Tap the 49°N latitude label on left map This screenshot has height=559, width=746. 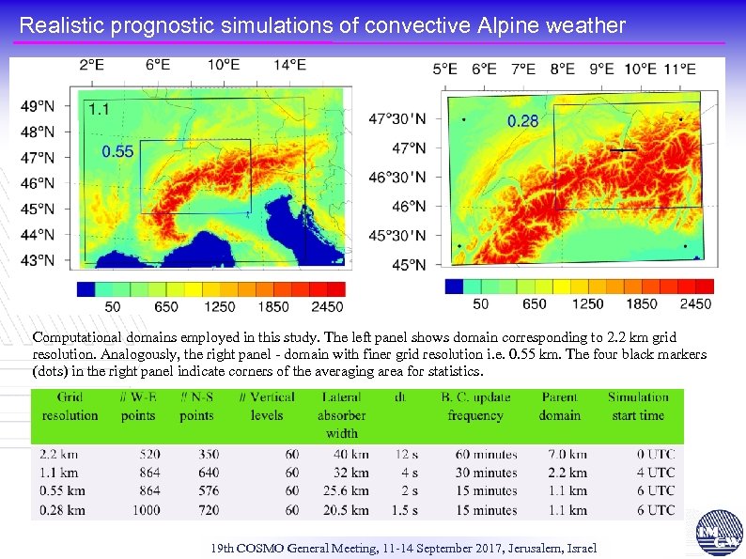(x=38, y=106)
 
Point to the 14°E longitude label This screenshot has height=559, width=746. (x=289, y=65)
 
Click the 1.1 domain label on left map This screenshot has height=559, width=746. (x=99, y=109)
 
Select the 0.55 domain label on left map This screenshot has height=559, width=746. (x=117, y=150)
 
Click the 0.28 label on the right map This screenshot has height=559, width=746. (x=522, y=121)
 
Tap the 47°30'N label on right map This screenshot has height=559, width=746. (x=396, y=119)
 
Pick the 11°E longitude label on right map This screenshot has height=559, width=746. (x=678, y=69)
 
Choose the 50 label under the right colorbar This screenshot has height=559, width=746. (x=480, y=303)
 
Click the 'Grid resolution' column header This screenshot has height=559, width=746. (x=70, y=406)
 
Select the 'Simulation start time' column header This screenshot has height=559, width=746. (x=638, y=406)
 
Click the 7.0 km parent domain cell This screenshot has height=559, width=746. (x=567, y=454)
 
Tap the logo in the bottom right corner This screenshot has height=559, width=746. (x=720, y=534)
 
